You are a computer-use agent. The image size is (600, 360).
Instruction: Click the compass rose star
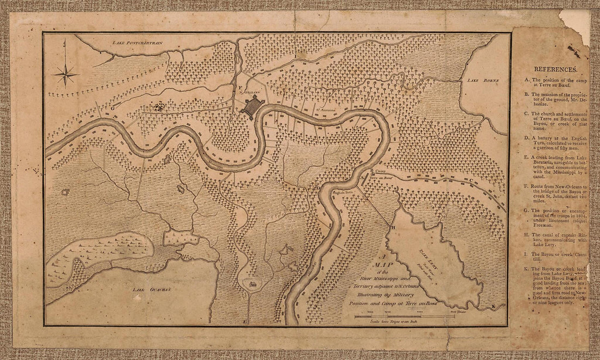click(66, 74)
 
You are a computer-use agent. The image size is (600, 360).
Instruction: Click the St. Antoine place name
click(325, 112)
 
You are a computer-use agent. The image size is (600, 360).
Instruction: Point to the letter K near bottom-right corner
click(493, 307)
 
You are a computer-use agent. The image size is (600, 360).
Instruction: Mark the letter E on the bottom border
click(245, 322)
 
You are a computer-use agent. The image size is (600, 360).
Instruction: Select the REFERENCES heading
click(555, 69)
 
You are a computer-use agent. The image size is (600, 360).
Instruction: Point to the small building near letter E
click(253, 284)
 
